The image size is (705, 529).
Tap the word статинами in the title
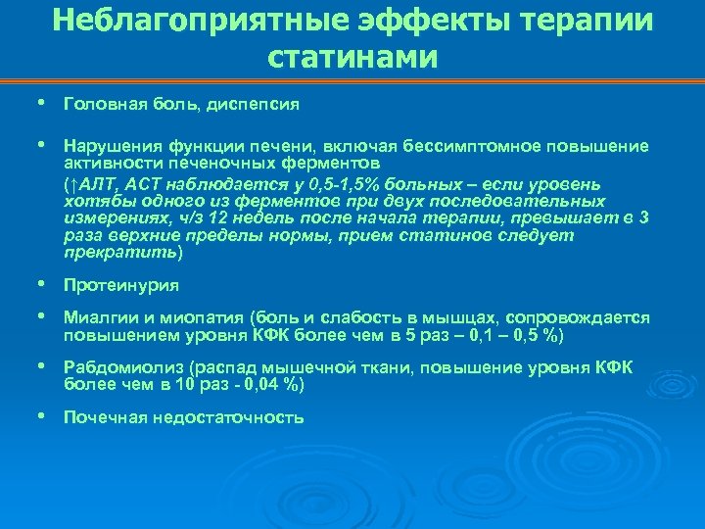(352, 57)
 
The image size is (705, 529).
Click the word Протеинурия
(120, 286)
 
